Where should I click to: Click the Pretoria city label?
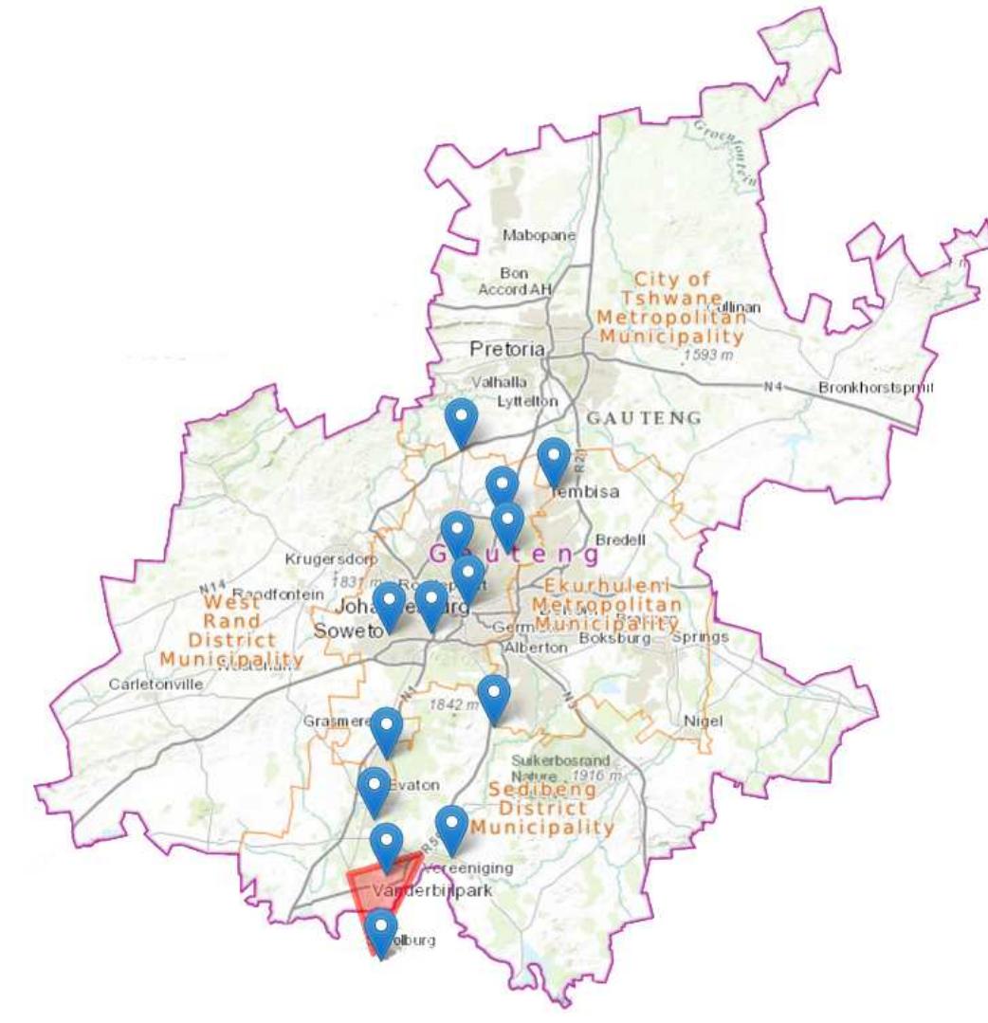click(508, 349)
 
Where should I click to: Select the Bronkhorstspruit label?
click(876, 388)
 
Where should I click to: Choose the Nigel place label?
click(703, 722)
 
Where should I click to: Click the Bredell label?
click(620, 539)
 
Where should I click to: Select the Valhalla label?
click(497, 383)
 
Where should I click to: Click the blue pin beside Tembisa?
click(554, 460)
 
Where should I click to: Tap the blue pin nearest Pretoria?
click(461, 419)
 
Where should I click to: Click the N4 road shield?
click(775, 387)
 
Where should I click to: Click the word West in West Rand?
click(232, 602)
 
